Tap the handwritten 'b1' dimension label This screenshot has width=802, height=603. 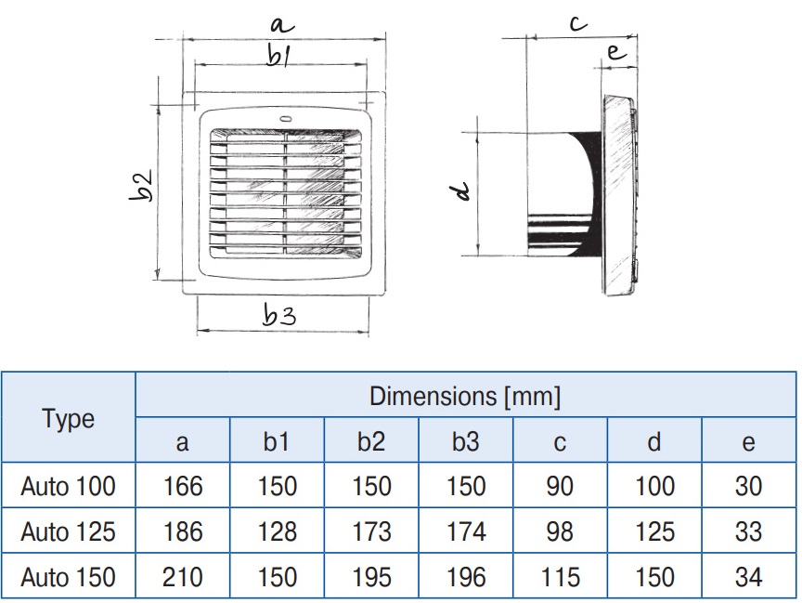pos(278,57)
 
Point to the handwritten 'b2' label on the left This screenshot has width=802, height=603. pos(140,185)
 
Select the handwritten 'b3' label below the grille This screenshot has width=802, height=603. pos(278,316)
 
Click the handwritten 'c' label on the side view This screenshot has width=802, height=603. pos(578,24)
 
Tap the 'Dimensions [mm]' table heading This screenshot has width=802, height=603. pos(465,397)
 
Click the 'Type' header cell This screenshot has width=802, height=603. pos(69,418)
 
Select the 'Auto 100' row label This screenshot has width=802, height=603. pos(69,486)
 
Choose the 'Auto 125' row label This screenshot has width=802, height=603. pos(69,531)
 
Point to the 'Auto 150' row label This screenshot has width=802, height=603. pos(69,577)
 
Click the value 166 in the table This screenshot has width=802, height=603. pos(182,486)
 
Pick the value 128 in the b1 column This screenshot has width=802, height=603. pos(277,531)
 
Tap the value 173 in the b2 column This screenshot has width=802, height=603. pos(370,531)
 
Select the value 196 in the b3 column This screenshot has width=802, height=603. pos(465,577)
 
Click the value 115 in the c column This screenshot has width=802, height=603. pos(560,577)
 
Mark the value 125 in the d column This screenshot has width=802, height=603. pos(654,531)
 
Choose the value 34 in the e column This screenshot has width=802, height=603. pos(748,577)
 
